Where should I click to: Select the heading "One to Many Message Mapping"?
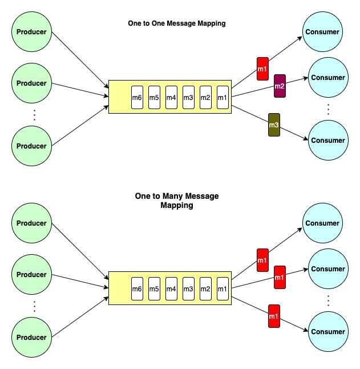click(x=176, y=200)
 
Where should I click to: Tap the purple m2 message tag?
click(x=280, y=86)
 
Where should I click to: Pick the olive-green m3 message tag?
click(x=274, y=125)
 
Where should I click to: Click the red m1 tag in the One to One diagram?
click(x=262, y=69)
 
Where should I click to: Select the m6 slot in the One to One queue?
click(x=137, y=97)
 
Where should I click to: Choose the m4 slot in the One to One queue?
click(x=171, y=97)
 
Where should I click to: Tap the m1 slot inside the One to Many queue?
click(x=223, y=289)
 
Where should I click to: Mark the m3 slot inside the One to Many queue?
click(x=188, y=289)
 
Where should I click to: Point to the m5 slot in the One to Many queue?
click(x=154, y=289)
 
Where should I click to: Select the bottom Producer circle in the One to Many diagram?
click(x=31, y=338)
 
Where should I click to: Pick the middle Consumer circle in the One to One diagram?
click(x=328, y=78)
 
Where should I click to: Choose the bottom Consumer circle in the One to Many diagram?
click(x=328, y=332)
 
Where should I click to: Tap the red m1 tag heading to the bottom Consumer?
click(x=274, y=316)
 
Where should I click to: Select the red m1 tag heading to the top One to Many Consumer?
click(x=262, y=260)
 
